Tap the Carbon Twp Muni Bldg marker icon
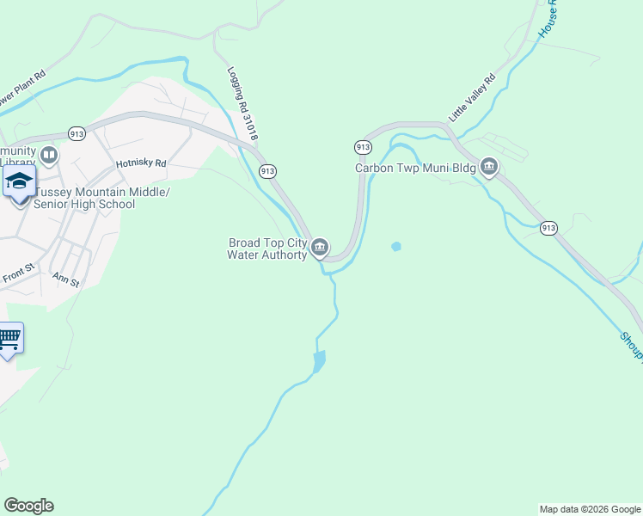click(489, 167)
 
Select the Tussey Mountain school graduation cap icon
click(19, 182)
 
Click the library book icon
click(49, 156)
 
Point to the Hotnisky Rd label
click(140, 163)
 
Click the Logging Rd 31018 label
click(243, 105)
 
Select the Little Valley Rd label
click(472, 97)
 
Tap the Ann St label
click(65, 279)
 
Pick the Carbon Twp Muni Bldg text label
click(416, 168)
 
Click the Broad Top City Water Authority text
click(267, 249)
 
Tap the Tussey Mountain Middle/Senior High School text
click(96, 199)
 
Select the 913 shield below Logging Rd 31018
click(267, 171)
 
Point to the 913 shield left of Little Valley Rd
click(363, 147)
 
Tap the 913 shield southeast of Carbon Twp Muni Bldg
click(549, 228)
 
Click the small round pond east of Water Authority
click(396, 247)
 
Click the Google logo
click(28, 506)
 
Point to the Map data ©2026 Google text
click(590, 509)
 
